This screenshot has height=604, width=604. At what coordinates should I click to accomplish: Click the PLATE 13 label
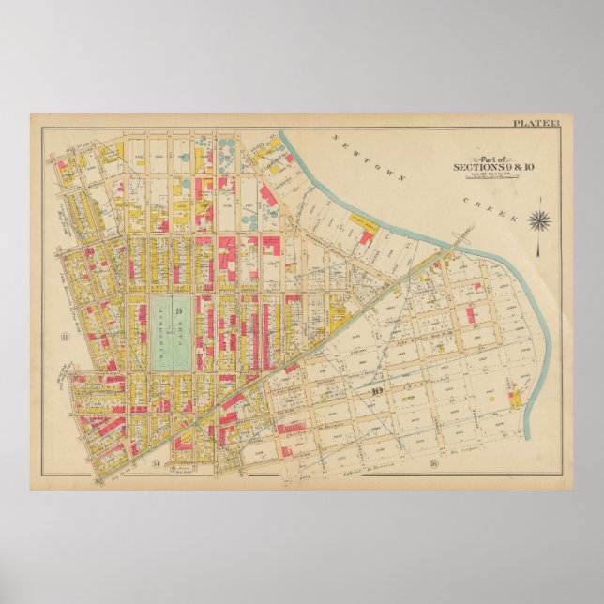pos(535,123)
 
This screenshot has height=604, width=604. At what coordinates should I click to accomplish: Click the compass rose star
pos(539,220)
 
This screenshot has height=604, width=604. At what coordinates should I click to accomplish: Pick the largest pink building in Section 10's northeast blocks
pos(476,313)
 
